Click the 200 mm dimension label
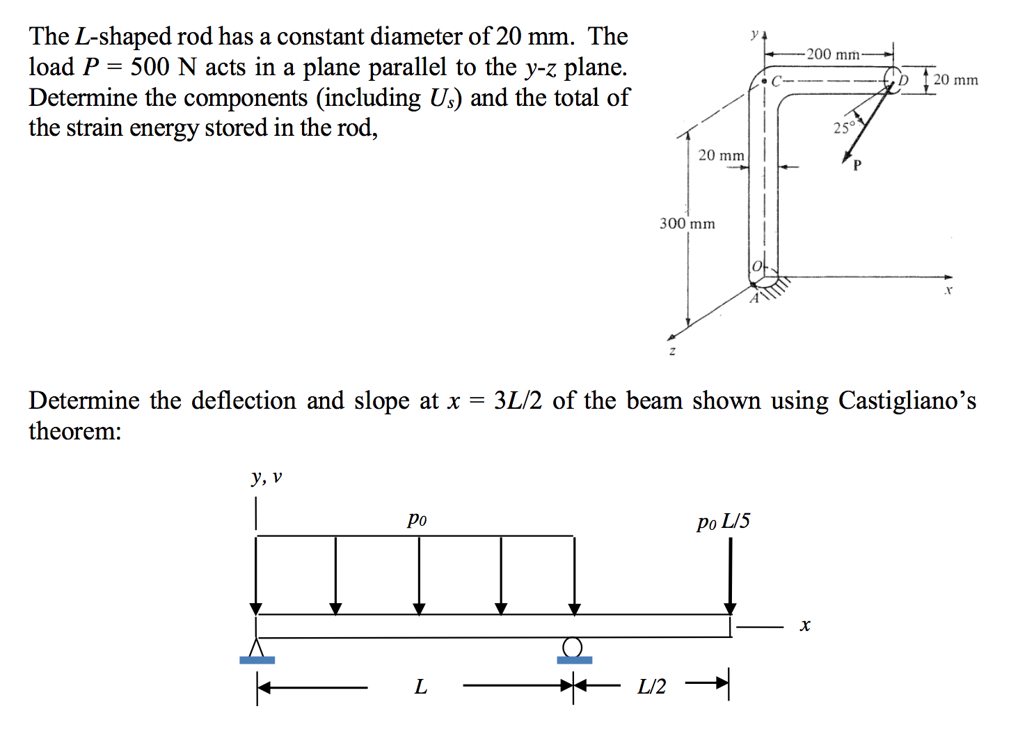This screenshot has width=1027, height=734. pyautogui.click(x=832, y=54)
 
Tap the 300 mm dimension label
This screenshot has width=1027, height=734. pyautogui.click(x=687, y=224)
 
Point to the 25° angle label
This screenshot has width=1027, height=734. pyautogui.click(x=843, y=127)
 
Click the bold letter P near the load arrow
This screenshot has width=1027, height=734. pyautogui.click(x=857, y=165)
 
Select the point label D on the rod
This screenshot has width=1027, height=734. pyautogui.click(x=904, y=80)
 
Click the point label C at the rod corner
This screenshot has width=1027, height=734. pyautogui.click(x=777, y=80)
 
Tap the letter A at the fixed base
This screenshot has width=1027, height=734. pyautogui.click(x=754, y=299)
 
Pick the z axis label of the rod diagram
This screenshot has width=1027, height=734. pyautogui.click(x=672, y=352)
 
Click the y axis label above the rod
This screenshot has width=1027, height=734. pyautogui.click(x=754, y=33)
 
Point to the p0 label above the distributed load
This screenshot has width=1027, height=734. pyautogui.click(x=417, y=519)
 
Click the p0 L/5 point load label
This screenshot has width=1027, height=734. pyautogui.click(x=724, y=522)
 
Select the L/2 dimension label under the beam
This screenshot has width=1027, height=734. pyautogui.click(x=651, y=687)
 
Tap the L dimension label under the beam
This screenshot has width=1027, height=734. pyautogui.click(x=420, y=687)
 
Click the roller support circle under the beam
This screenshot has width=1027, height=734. pyautogui.click(x=572, y=647)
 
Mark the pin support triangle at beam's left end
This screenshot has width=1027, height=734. pyautogui.click(x=257, y=647)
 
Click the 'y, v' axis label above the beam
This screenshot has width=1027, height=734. pyautogui.click(x=266, y=477)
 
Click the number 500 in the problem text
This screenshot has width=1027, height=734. pyautogui.click(x=150, y=67)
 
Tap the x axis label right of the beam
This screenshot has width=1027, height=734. pyautogui.click(x=805, y=625)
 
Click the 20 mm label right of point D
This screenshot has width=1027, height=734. pyautogui.click(x=955, y=80)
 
